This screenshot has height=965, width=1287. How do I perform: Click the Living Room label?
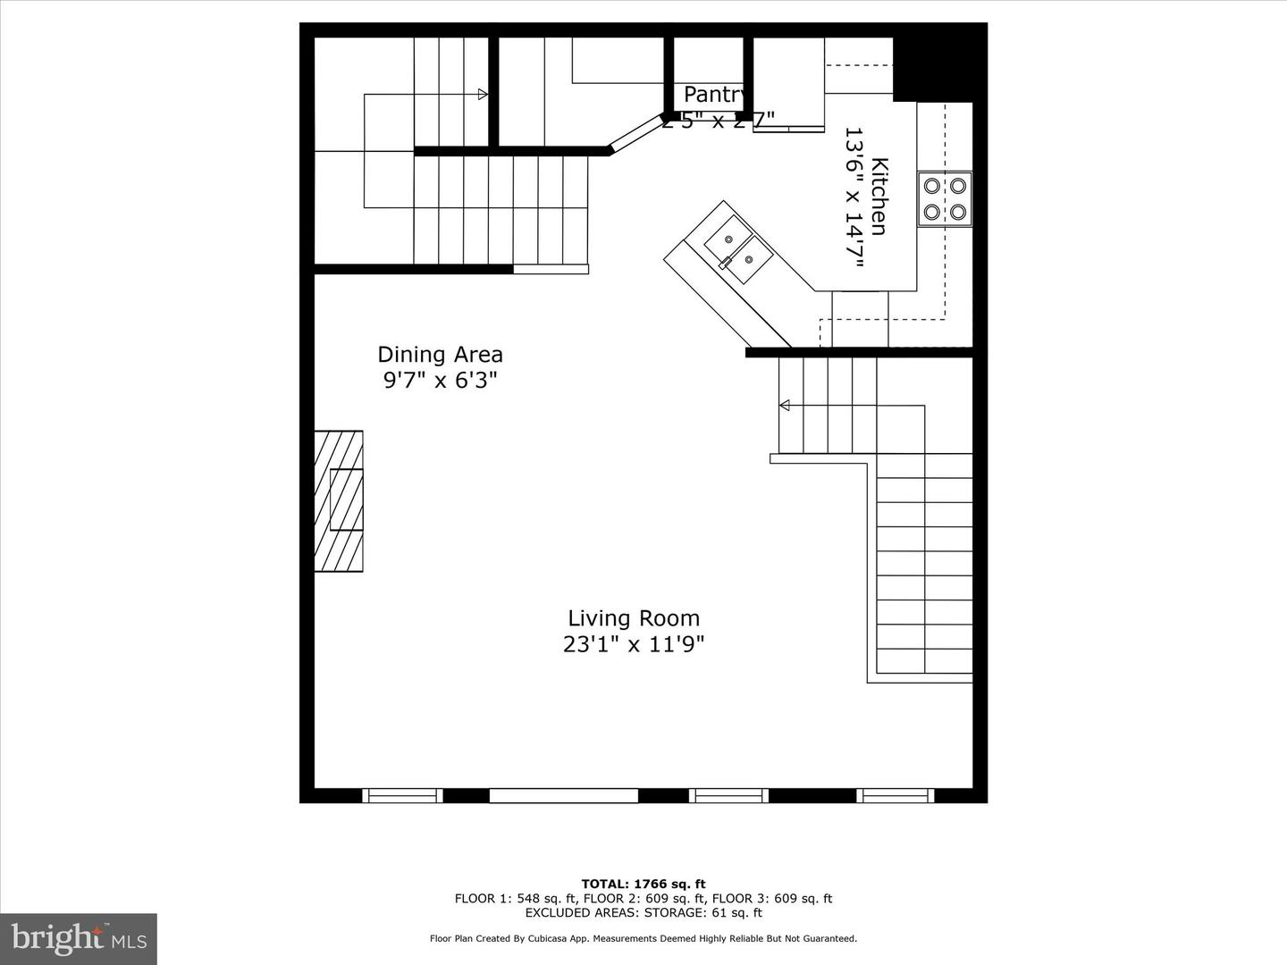634,618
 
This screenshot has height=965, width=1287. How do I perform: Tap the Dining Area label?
440,355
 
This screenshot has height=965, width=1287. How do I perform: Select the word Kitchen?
879,197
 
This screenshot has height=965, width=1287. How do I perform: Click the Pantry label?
715,94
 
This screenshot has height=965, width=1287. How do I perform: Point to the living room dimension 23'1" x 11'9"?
634,644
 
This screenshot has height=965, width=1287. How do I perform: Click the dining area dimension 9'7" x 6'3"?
440,381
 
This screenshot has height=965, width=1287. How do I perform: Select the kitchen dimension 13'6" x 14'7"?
854,197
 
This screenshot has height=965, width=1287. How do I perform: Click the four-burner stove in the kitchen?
945,199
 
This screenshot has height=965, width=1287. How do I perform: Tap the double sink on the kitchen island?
738,249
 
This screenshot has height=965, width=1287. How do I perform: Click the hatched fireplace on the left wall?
339,500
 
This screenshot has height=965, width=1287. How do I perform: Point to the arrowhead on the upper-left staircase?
483,95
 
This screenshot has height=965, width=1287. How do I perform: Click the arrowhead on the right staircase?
785,406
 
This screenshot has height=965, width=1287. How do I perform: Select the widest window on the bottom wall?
563,795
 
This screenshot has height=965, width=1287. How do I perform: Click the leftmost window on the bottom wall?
402,795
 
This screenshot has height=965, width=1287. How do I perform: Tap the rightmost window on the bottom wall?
896,795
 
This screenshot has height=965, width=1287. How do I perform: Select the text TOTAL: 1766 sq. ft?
643,885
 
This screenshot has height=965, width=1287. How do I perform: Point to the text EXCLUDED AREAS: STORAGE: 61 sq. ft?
643,912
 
